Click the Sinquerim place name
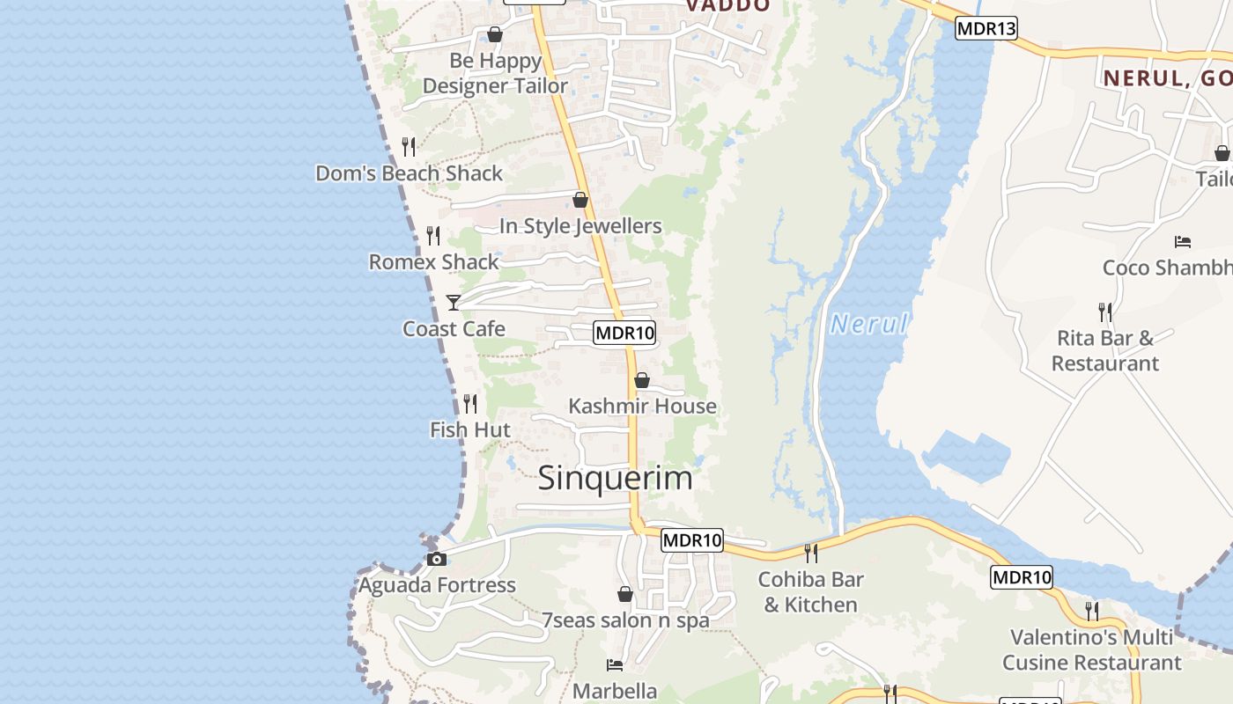(615, 478)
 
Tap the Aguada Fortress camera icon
(436, 559)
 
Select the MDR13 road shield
(986, 28)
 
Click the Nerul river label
(868, 324)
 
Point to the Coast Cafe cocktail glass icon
(454, 303)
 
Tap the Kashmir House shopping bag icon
(642, 380)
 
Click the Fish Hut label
(470, 429)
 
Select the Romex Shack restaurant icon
(433, 236)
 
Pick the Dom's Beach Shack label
(410, 173)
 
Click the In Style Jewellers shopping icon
(580, 200)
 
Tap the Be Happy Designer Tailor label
(495, 73)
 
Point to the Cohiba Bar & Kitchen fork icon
(811, 554)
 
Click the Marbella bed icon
(615, 665)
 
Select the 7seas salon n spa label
(625, 620)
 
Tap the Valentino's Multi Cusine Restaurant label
(1092, 649)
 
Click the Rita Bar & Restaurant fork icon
(1104, 312)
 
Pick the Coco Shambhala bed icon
(1183, 241)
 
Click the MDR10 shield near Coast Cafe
(625, 333)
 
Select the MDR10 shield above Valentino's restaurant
(1022, 577)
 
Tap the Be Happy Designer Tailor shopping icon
(495, 34)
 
